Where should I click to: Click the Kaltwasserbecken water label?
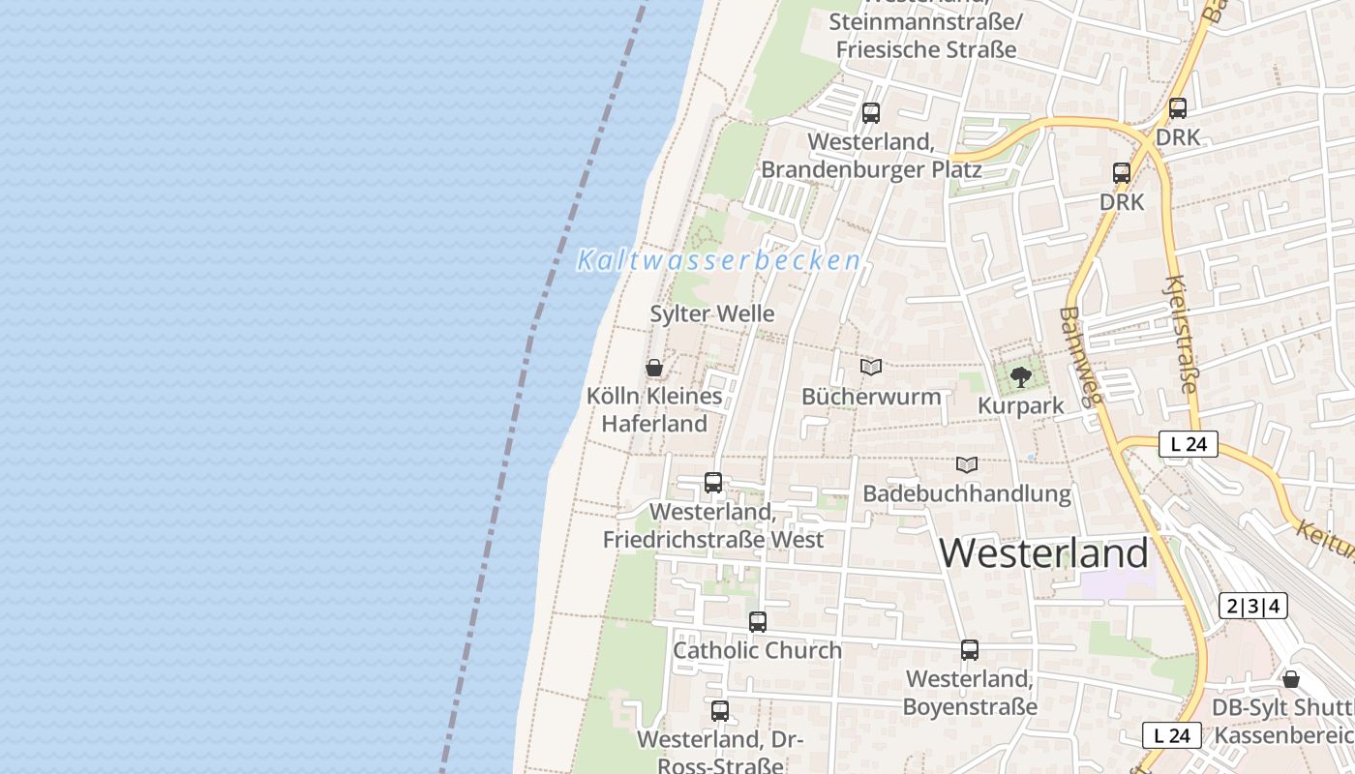coord(718,260)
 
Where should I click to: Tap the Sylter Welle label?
coord(712,313)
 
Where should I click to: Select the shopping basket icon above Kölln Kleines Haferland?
coord(654,368)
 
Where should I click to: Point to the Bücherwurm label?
coord(871,397)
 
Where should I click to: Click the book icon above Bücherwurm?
coord(871,368)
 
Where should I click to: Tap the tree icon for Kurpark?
coord(1020,376)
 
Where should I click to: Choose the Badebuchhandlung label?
coord(967,493)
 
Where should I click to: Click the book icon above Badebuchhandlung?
coord(967,464)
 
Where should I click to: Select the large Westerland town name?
coord(1043,552)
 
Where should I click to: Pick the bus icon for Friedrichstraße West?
coord(713,482)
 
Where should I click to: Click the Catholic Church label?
coord(757,650)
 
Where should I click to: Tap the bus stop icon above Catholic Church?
coord(758,622)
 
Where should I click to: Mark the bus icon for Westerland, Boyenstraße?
coord(970,650)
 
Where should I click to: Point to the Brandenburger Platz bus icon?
coord(871,113)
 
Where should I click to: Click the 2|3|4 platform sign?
coord(1253,607)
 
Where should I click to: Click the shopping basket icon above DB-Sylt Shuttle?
coord(1291,679)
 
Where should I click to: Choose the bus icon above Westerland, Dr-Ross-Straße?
coord(719,711)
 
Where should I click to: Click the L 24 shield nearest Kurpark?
coord(1188,445)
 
